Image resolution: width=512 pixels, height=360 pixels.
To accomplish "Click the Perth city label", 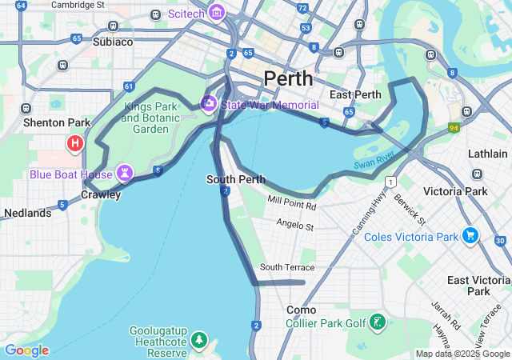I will point(288,78).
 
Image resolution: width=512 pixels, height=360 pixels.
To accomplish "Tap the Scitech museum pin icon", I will point(216,14).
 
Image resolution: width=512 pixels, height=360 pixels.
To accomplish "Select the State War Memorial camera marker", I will point(209,102).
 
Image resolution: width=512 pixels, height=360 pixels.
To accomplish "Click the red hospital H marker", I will point(75,144).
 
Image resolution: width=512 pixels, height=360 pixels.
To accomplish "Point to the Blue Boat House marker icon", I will point(125,172).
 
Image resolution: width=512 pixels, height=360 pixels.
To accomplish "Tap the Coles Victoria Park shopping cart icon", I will point(470,236).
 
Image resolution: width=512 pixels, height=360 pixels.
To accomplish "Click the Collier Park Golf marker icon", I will point(376,323).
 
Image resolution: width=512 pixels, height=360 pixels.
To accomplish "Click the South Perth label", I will point(235,179).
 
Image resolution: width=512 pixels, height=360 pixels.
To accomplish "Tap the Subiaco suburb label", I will point(113,42).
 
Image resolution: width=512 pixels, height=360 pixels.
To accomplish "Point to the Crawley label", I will point(101,194).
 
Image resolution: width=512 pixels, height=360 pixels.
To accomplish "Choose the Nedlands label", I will point(27,213).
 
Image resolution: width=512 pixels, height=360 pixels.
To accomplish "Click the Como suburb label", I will point(302,310).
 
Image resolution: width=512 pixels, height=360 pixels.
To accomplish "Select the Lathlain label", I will point(488,154).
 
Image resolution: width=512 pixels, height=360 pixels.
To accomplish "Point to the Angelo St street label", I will point(295,226).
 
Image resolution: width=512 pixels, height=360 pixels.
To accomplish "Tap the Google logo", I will point(26,350).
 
